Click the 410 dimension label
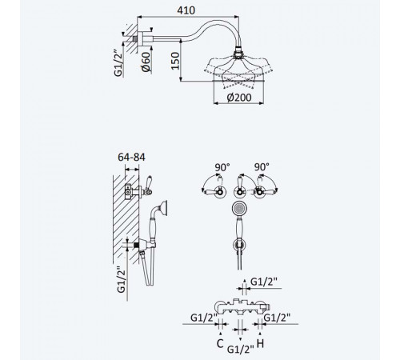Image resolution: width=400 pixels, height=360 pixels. [x=186, y=10]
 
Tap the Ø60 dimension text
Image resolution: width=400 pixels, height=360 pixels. [x=146, y=62]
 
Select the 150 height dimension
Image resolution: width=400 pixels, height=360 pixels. [x=175, y=61]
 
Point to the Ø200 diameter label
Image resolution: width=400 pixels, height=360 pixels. [x=239, y=98]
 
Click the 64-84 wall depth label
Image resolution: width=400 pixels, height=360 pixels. [x=131, y=157]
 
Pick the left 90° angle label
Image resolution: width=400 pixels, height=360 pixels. [x=222, y=167]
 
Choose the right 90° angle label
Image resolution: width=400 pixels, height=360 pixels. [x=262, y=167]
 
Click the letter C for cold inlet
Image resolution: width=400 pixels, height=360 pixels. [x=220, y=343]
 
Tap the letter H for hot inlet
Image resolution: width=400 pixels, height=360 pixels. [x=260, y=343]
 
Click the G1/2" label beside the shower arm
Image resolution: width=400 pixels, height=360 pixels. [x=118, y=63]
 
